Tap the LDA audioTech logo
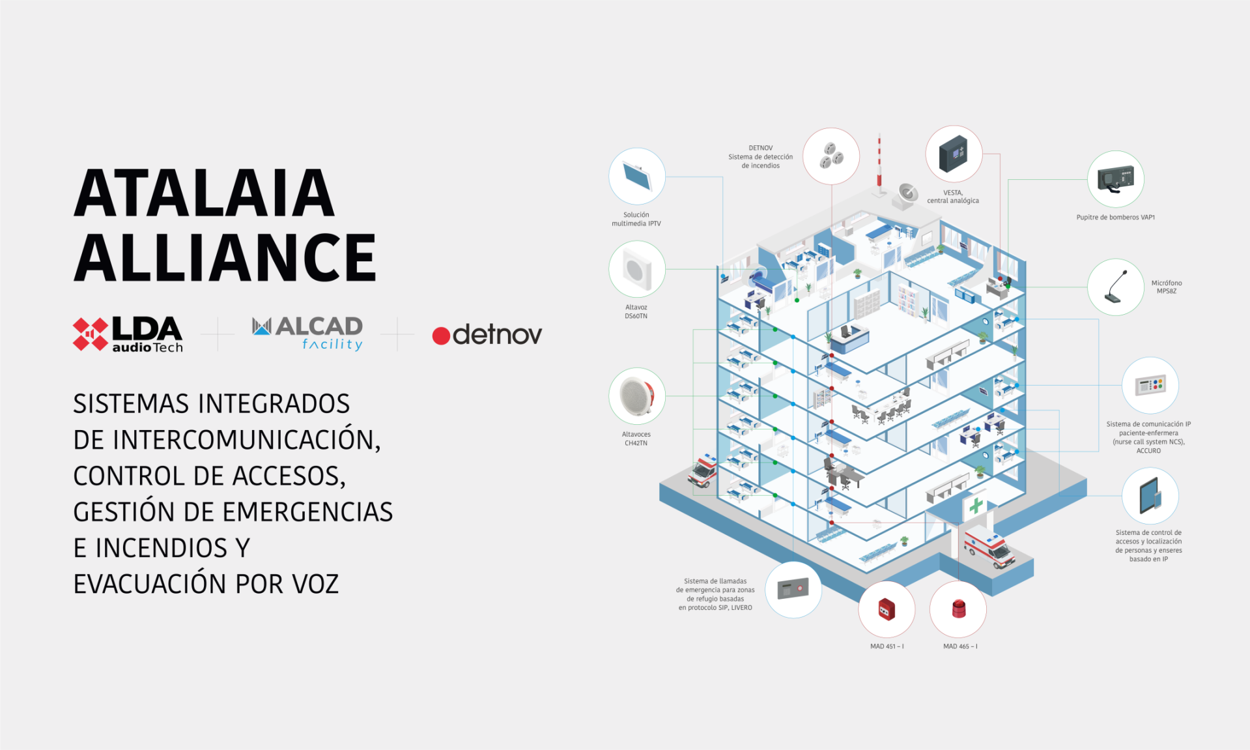click(x=128, y=334)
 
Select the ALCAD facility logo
click(x=307, y=334)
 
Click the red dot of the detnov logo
click(x=441, y=336)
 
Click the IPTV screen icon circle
click(x=637, y=176)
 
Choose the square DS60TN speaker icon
click(x=637, y=269)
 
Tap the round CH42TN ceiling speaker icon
click(x=637, y=396)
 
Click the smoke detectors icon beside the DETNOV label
click(x=831, y=156)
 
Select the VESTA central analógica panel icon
click(x=954, y=154)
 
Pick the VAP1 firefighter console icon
click(x=1116, y=179)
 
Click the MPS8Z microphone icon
click(x=1116, y=287)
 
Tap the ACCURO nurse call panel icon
click(x=1150, y=386)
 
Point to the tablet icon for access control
click(x=1150, y=496)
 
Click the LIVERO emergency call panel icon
click(x=793, y=590)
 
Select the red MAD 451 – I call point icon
click(x=887, y=610)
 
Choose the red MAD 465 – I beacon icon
click(x=958, y=610)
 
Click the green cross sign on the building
click(x=976, y=506)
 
